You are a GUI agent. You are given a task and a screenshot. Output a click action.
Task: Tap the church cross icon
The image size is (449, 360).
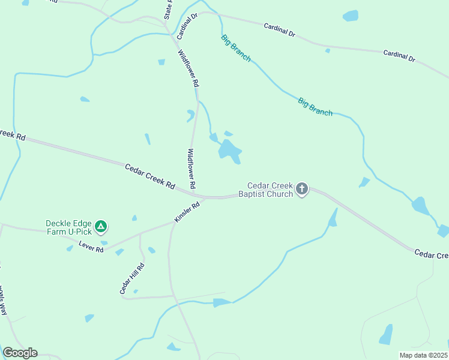pyautogui.click(x=302, y=190)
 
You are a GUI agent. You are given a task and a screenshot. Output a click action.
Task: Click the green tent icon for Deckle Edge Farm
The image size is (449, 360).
pyautogui.click(x=101, y=226)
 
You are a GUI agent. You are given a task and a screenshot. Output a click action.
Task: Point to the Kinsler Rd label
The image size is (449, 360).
pyautogui.click(x=187, y=213)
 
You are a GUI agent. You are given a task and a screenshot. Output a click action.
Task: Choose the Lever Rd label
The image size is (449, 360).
pyautogui.click(x=91, y=247)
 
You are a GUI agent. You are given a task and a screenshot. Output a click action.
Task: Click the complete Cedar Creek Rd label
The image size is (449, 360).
pyautogui.click(x=149, y=177)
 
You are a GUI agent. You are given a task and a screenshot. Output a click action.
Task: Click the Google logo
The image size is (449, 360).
pyautogui.click(x=20, y=353)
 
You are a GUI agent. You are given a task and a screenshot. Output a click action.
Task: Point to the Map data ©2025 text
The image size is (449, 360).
pyautogui.click(x=423, y=355)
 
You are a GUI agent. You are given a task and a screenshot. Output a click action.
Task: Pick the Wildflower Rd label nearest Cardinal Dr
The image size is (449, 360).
pyautogui.click(x=188, y=68)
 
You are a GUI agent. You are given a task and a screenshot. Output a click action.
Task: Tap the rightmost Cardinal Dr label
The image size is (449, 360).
pyautogui.click(x=400, y=56)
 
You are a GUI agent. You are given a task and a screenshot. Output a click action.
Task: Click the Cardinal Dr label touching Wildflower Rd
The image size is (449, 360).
pyautogui.click(x=187, y=24)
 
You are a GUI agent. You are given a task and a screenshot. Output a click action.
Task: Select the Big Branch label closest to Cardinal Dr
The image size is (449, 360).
pyautogui.click(x=236, y=49)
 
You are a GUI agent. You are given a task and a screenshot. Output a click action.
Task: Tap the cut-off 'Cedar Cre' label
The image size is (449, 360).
pyautogui.click(x=431, y=254)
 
